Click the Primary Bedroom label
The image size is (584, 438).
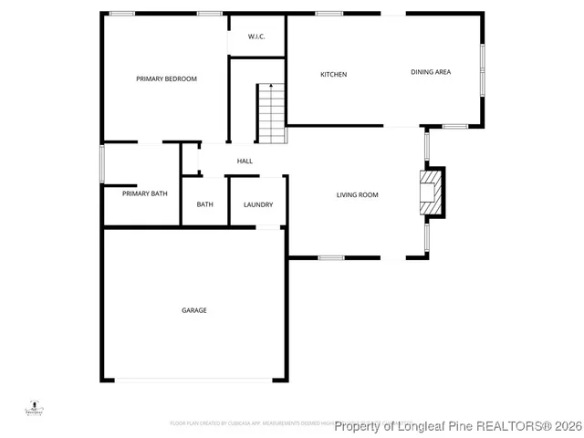click(166, 79)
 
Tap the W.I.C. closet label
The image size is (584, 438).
click(256, 36)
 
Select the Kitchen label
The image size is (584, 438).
click(333, 74)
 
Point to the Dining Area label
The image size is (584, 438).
click(431, 72)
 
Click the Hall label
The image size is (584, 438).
click(245, 162)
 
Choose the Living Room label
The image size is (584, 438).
click(357, 194)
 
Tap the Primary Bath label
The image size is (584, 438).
click(144, 193)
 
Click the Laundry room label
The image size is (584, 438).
click(258, 204)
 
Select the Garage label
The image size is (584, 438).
click(193, 310)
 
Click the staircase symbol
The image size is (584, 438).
click(272, 113)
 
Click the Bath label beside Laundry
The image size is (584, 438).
click(204, 204)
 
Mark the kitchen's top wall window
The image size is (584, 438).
click(329, 13)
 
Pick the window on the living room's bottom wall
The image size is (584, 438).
click(331, 258)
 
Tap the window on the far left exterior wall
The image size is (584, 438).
click(102, 163)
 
